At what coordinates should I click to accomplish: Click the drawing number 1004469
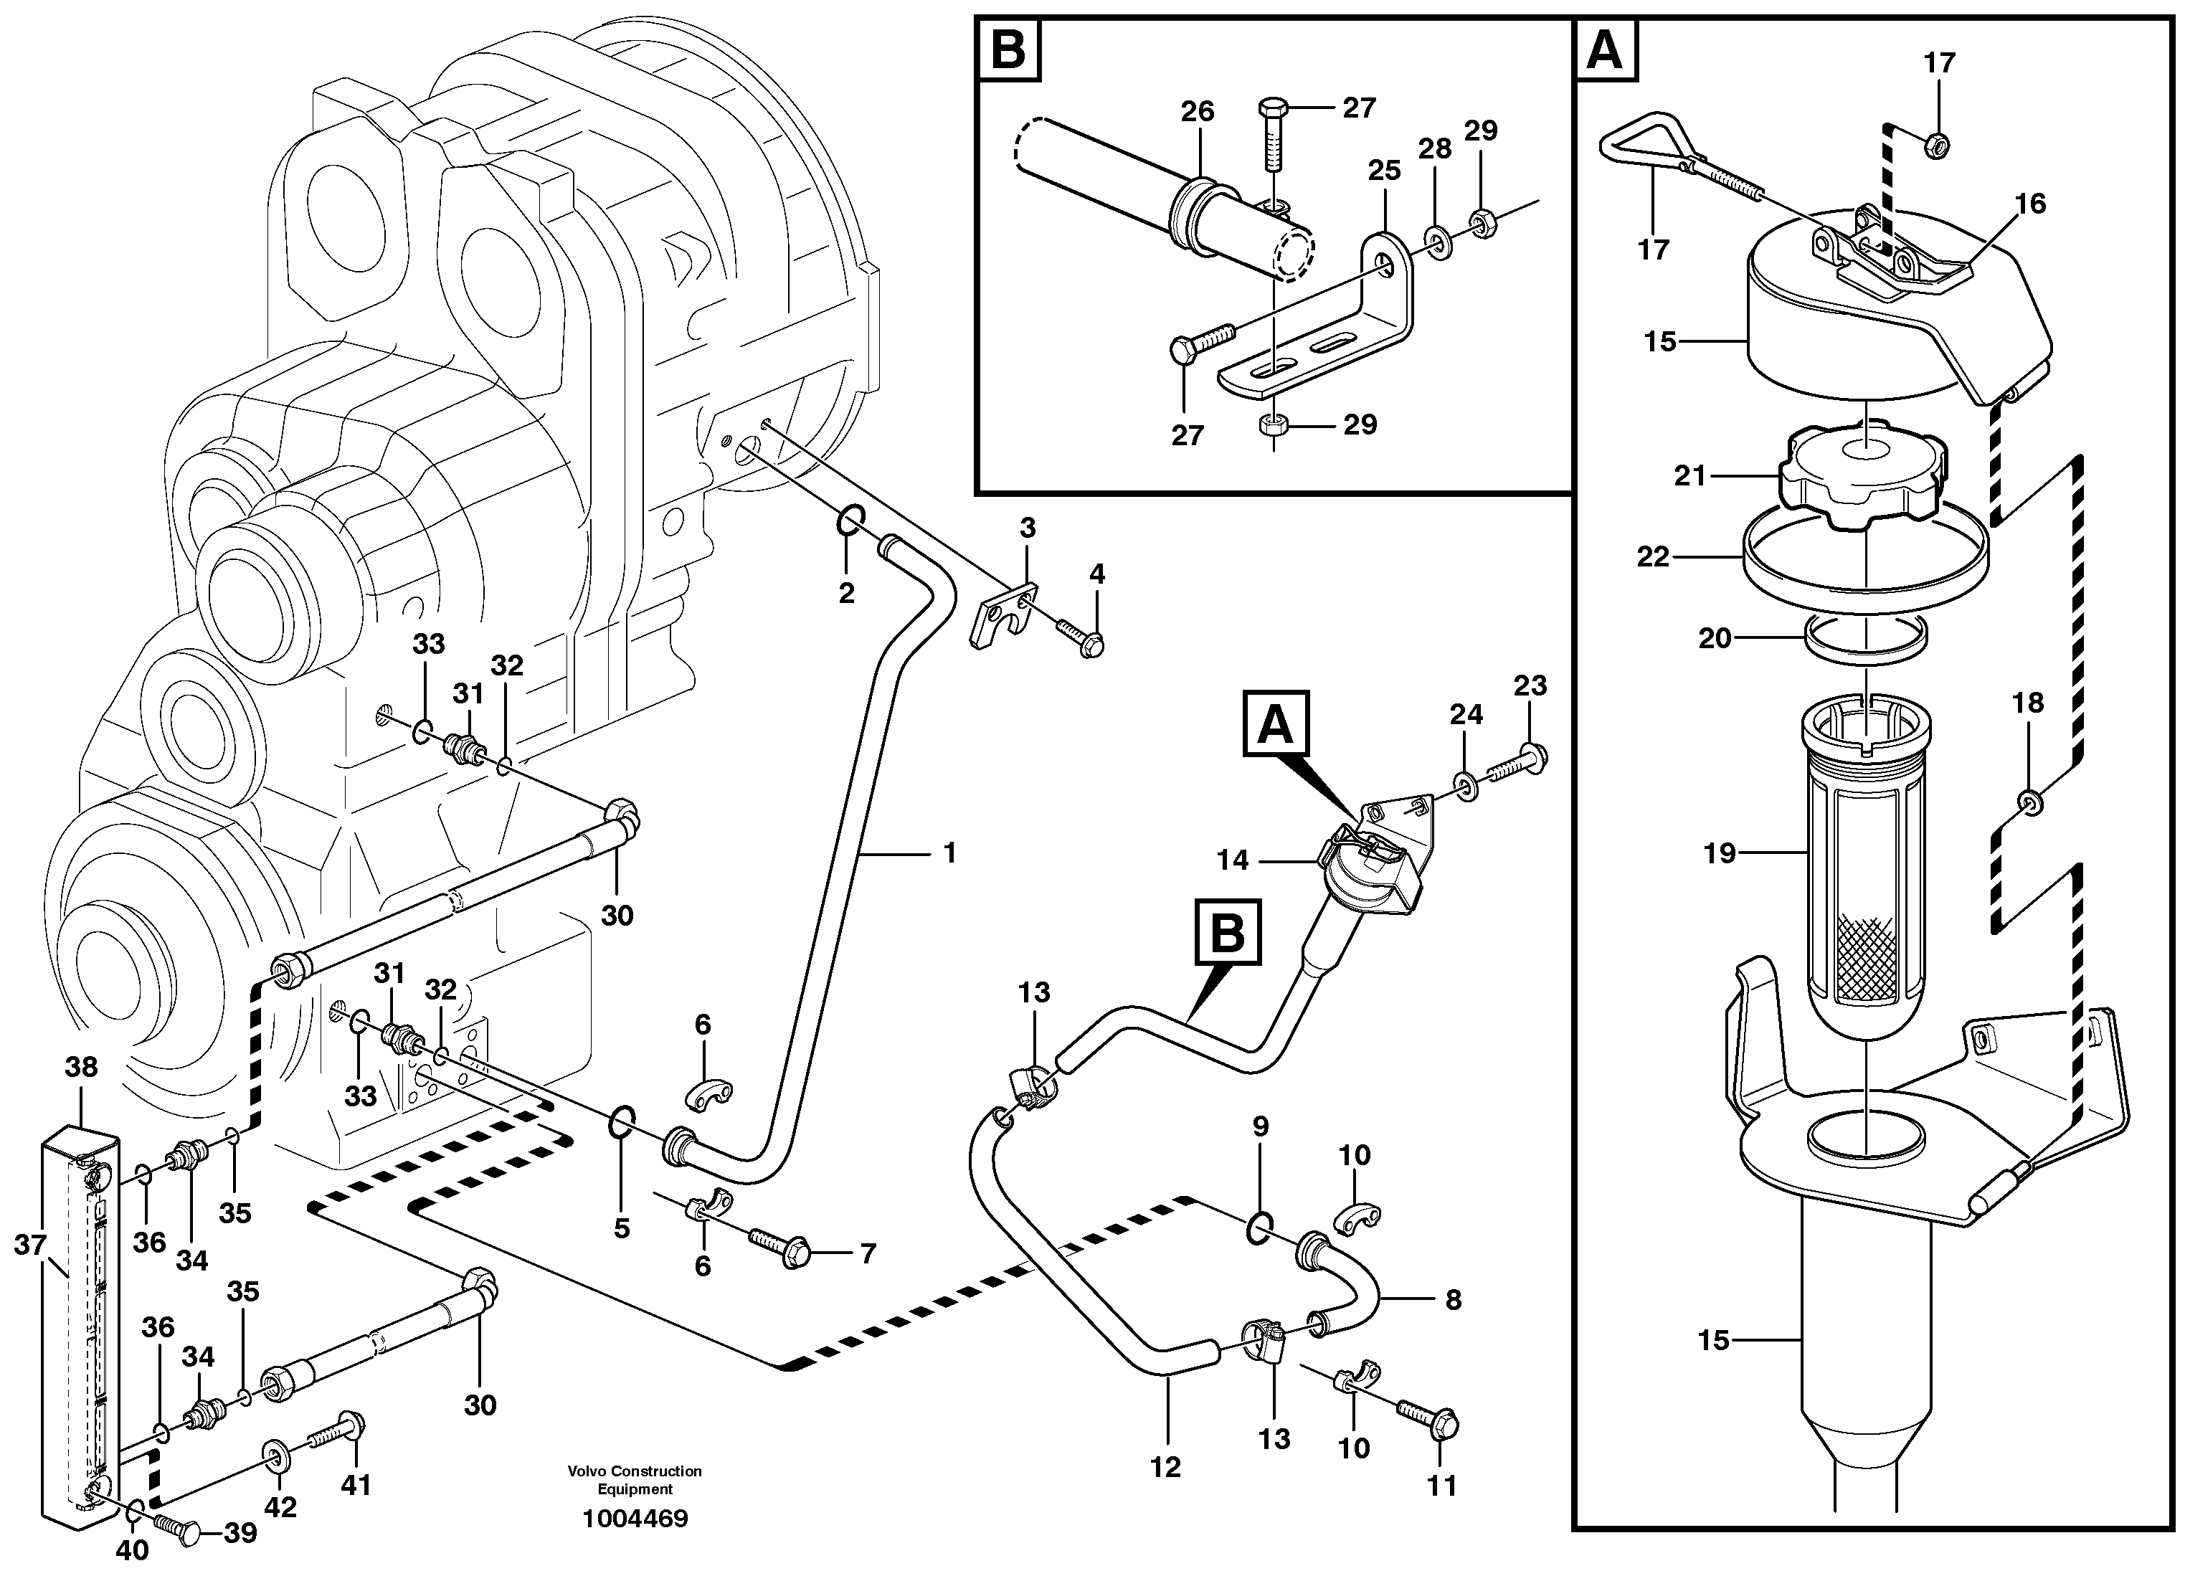coord(635,1519)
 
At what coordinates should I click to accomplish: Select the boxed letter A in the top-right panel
coord(1604,49)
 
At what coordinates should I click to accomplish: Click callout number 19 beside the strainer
coord(1719,853)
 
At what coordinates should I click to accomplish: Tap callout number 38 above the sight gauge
coord(82,1066)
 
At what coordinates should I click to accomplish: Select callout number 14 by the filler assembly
coord(1232,860)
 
